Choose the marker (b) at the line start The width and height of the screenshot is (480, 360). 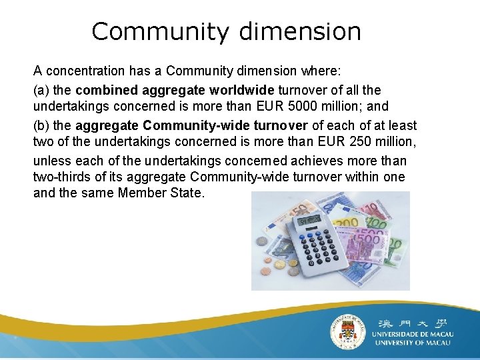pos(41,125)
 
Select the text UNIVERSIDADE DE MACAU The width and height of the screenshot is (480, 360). pos(412,333)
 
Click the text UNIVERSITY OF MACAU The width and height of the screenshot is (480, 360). pos(412,343)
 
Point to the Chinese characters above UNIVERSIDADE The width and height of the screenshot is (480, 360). pos(413,320)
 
